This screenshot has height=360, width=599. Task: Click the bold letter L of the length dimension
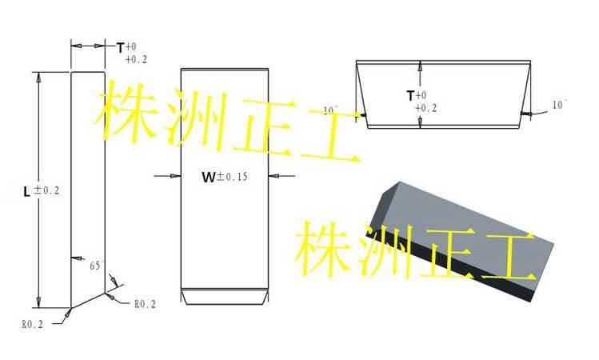coord(26,191)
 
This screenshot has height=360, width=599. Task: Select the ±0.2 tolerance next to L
coord(46,190)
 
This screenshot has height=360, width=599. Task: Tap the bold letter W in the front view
coord(209,177)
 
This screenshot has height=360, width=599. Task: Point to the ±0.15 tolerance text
coord(232,176)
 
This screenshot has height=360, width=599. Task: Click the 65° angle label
coord(96,265)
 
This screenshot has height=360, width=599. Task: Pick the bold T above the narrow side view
coord(120,48)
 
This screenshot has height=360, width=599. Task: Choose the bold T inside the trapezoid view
coord(411,95)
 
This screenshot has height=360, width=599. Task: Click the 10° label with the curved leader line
coord(559,104)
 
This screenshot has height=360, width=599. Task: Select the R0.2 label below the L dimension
coord(33,325)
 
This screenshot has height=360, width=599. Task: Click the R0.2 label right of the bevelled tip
coord(146,304)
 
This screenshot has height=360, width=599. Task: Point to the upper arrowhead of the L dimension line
coord(38,77)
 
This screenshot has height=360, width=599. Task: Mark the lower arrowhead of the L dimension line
coord(38,302)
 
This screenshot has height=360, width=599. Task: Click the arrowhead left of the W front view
coord(175,176)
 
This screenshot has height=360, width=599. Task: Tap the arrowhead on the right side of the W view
coord(274,176)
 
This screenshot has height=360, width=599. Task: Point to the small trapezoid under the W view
coord(225,297)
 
